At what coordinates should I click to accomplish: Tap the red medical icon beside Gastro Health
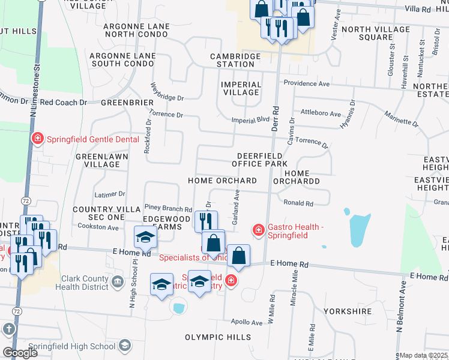pos(259,230)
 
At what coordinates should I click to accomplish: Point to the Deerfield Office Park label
pos(262,160)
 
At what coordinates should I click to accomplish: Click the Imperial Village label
pos(241,89)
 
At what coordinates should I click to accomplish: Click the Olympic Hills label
pos(218,337)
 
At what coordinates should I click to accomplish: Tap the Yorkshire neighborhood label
pos(348,312)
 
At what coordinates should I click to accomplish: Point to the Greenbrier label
pos(127,103)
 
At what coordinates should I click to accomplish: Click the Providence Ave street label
pos(307,83)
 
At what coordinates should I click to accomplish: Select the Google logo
pos(20,353)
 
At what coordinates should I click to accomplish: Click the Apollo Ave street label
pos(247,322)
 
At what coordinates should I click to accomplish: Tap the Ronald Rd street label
pos(298,203)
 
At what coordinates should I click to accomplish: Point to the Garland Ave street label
pos(237,208)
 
